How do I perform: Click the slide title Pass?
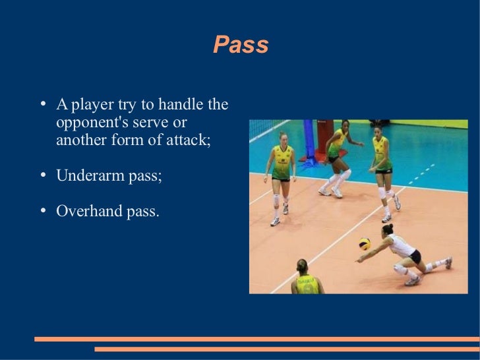click(x=241, y=45)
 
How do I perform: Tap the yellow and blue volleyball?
click(x=364, y=243)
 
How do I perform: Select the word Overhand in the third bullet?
click(x=86, y=211)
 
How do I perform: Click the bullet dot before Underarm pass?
click(x=42, y=177)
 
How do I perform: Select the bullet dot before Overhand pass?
click(x=42, y=212)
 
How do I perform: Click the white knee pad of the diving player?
click(x=400, y=269)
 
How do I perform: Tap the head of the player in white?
click(x=387, y=229)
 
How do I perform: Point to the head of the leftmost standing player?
click(x=283, y=137)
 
